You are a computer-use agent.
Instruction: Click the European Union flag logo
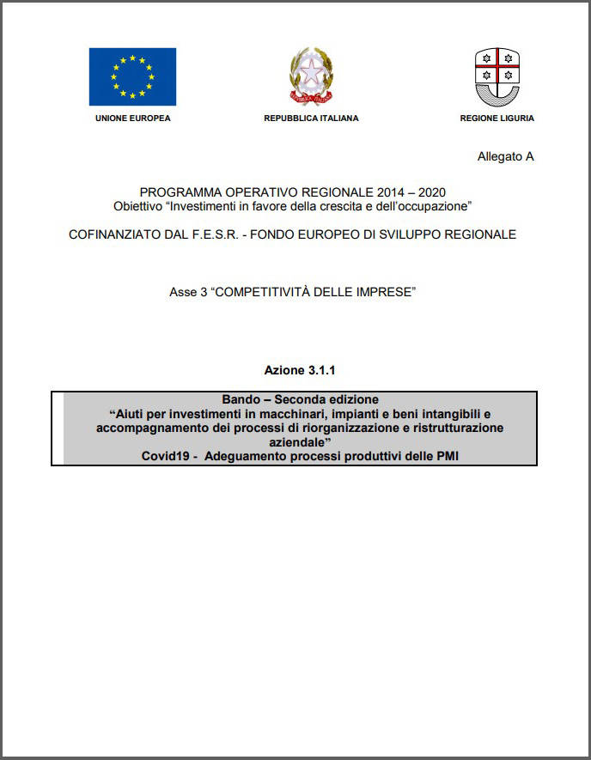coord(132,76)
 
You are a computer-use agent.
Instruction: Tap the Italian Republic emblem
coord(311,76)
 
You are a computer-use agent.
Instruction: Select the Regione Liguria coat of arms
coord(497,76)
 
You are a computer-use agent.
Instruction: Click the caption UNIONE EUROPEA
coord(132,119)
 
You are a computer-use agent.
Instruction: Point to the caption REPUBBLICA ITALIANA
coord(311,119)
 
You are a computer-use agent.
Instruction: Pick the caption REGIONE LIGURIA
coord(497,119)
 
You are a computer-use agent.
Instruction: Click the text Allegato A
coord(505,156)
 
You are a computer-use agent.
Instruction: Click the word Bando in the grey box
coord(240,399)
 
